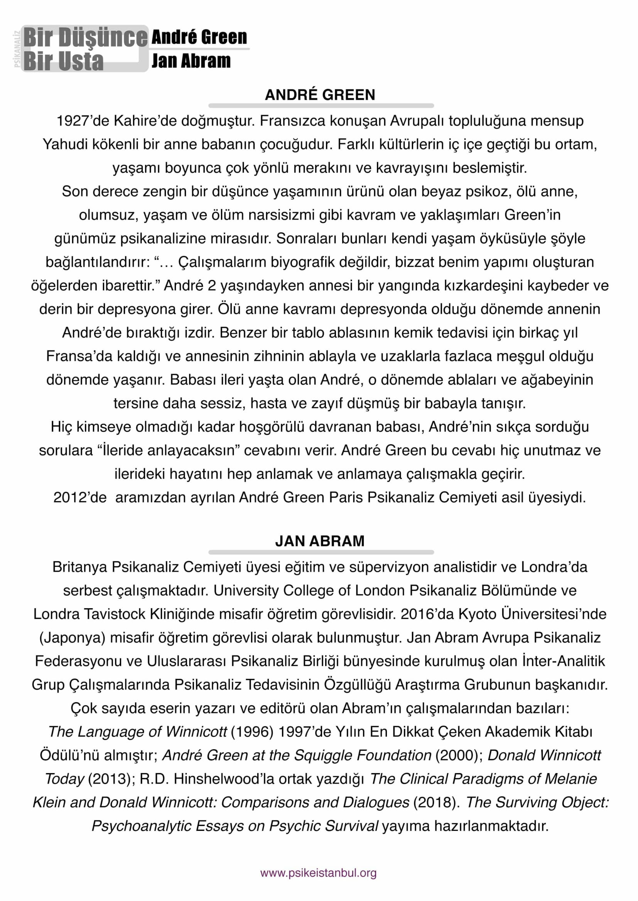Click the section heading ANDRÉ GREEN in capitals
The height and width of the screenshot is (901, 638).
coord(320,95)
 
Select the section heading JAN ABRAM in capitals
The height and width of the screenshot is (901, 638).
coord(320,541)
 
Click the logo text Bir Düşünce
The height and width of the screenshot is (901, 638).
coord(85,38)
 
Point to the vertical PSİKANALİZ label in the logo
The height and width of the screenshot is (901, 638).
coord(17,49)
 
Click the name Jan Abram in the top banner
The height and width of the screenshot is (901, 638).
coord(191,61)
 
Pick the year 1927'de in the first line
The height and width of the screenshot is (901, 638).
coord(83,121)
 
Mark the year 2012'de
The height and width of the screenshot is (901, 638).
coord(80,498)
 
